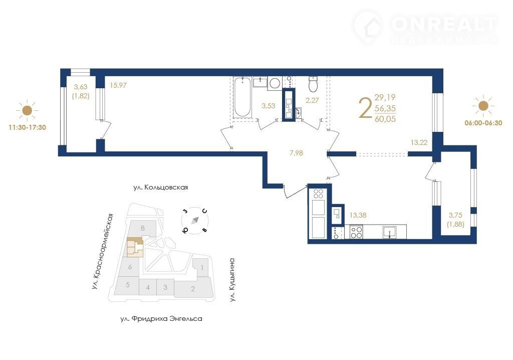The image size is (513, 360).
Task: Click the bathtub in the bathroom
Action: [242, 97]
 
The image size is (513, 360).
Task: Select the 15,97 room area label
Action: [118, 85]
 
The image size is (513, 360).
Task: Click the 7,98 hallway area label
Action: [296, 153]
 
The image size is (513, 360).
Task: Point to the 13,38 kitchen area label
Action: [358, 215]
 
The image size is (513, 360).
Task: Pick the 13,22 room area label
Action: [419, 142]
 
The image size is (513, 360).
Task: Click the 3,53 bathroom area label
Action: [269, 106]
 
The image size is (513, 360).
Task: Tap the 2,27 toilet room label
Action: [312, 100]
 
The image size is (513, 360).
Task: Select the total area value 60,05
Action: [385, 119]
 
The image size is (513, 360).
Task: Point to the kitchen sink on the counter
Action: [390, 232]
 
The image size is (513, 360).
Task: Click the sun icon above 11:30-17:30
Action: [27, 110]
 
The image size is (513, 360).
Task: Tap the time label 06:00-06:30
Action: [483, 123]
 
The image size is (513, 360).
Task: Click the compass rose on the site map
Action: [195, 221]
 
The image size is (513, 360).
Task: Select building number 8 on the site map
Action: [143, 228]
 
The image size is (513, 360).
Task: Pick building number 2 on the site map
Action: [193, 289]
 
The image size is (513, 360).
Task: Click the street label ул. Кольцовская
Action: [161, 188]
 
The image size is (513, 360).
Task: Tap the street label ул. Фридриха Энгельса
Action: [161, 318]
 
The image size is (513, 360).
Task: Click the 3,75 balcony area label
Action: [455, 215]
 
